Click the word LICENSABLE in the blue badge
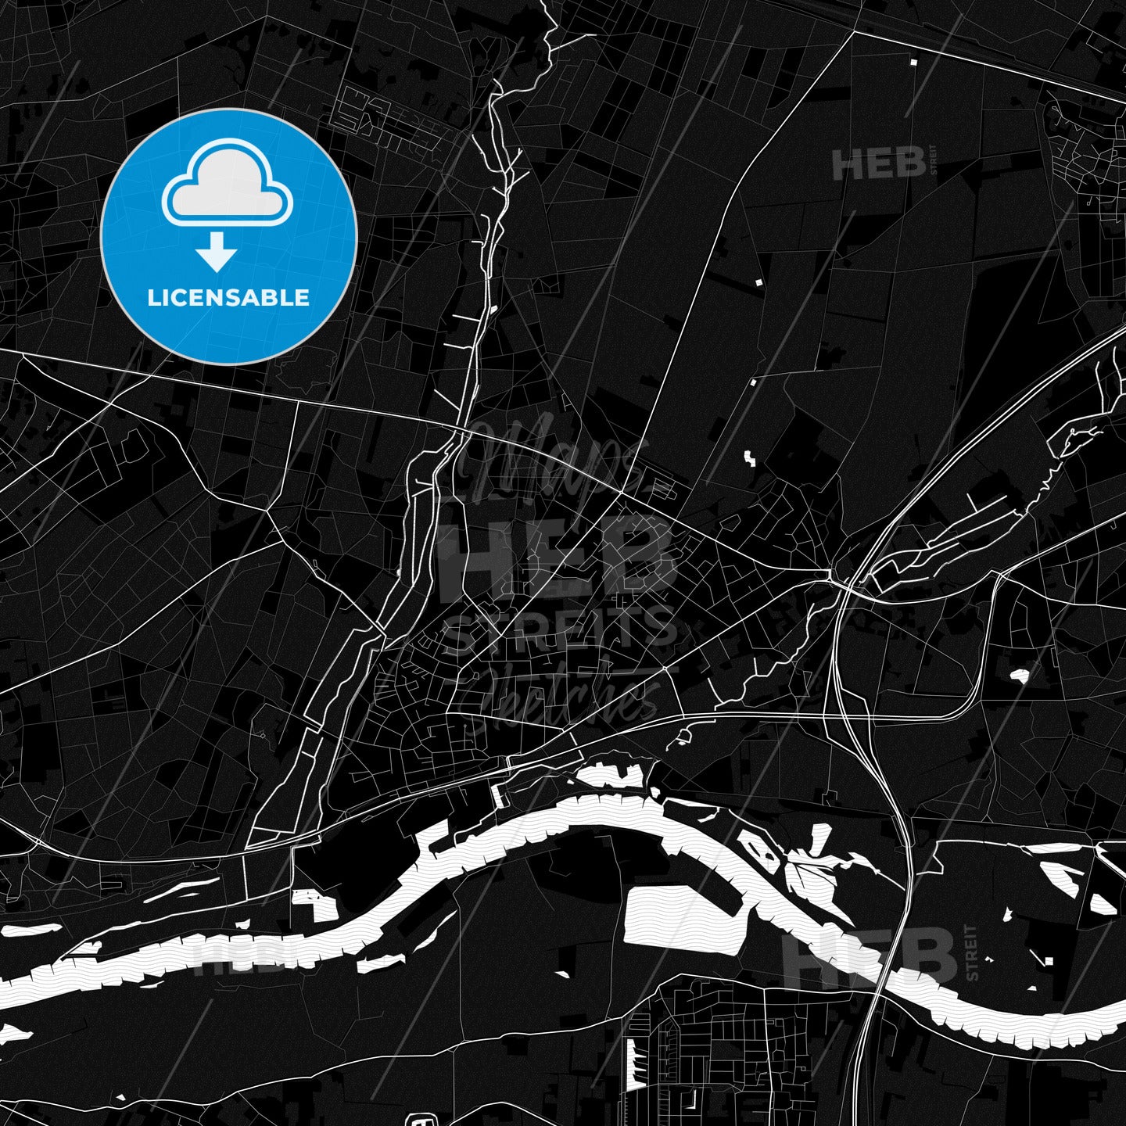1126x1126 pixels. (228, 298)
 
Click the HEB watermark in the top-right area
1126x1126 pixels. (878, 165)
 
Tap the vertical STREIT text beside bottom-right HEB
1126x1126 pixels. (972, 952)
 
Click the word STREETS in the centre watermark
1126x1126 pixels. (559, 629)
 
